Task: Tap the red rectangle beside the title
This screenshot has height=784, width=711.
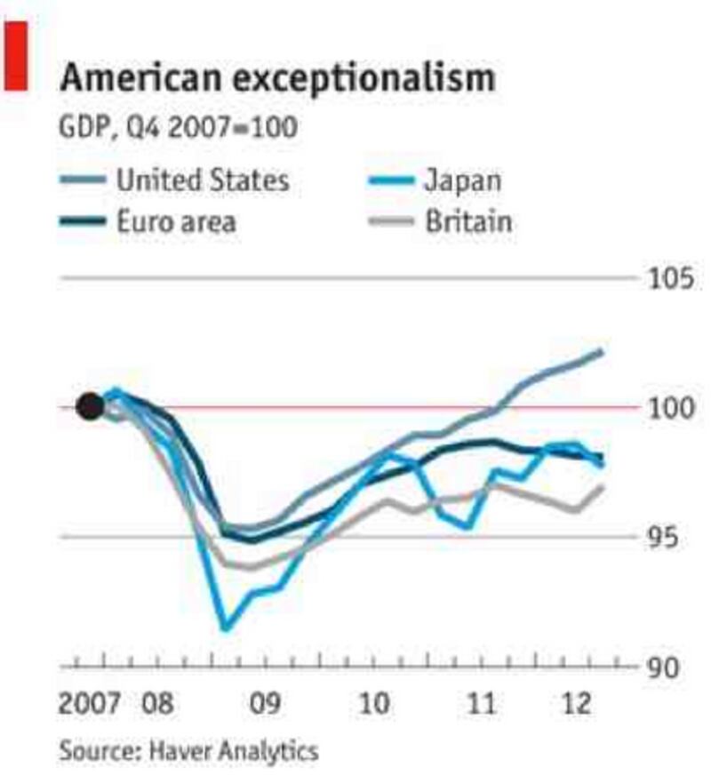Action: point(15,54)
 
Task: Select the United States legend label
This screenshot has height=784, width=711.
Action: point(203,180)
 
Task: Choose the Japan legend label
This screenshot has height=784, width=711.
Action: point(462,180)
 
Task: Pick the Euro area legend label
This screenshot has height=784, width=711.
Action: point(176,220)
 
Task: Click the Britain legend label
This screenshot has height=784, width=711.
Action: point(468,220)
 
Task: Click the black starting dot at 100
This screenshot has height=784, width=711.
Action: point(90,407)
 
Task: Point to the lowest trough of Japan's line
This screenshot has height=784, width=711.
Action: point(226,628)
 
